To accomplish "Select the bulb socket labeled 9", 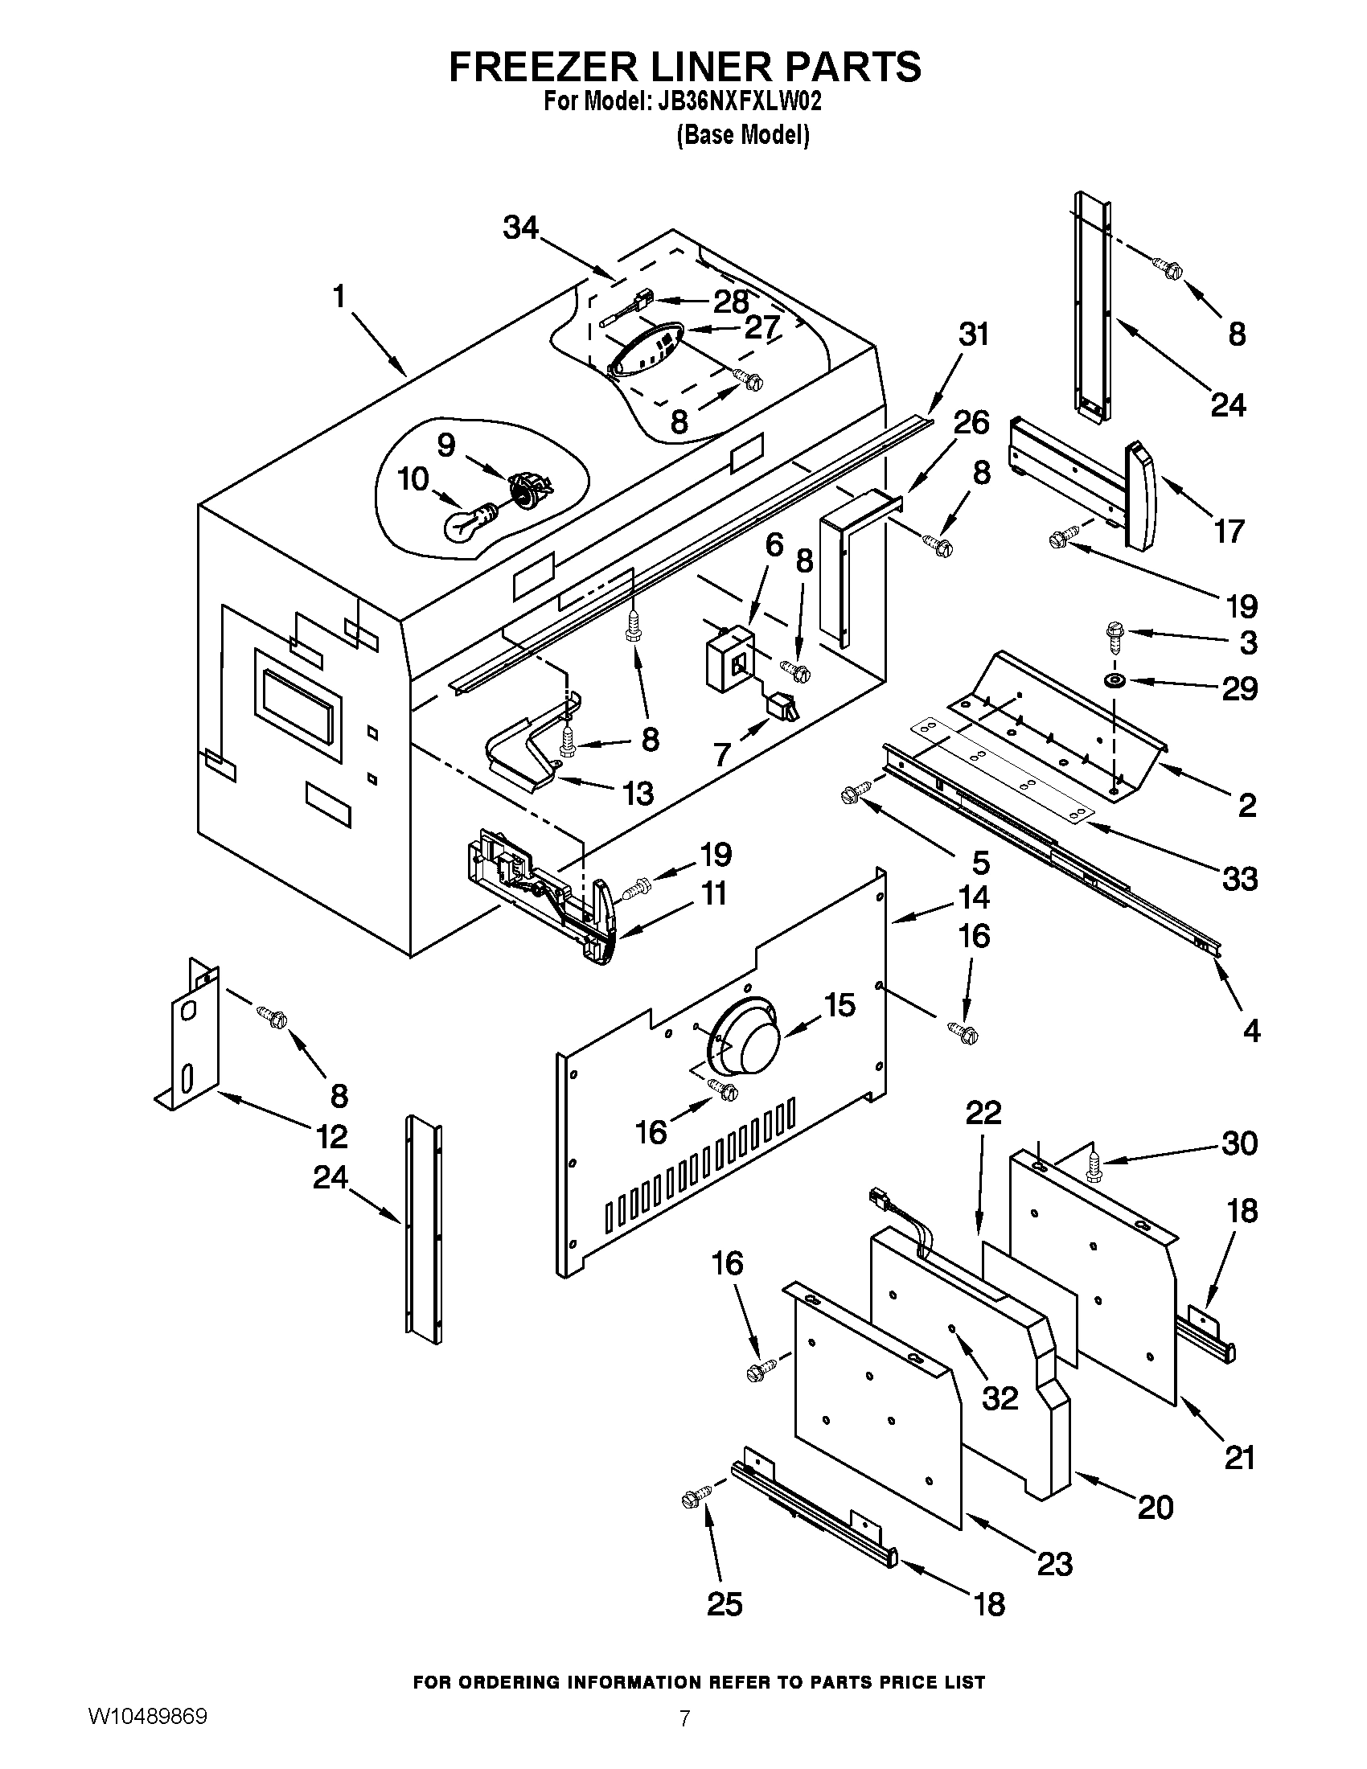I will tap(528, 490).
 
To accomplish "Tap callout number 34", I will tap(521, 228).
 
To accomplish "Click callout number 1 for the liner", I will tap(339, 298).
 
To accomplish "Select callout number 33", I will tap(1239, 879).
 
